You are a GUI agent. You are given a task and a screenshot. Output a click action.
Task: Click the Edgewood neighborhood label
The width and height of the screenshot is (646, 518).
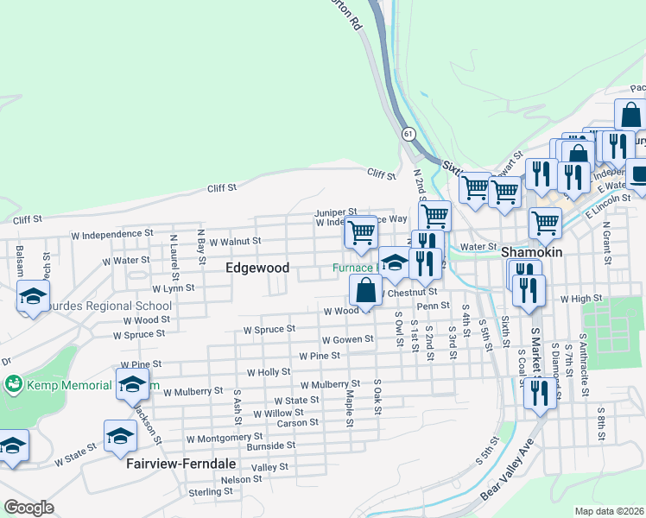256,268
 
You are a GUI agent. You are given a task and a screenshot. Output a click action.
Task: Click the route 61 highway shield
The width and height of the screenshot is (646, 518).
409,134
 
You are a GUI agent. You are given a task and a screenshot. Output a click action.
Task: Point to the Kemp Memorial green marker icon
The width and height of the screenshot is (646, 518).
13,382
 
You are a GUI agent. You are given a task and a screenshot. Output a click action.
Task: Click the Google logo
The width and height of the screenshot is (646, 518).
28,507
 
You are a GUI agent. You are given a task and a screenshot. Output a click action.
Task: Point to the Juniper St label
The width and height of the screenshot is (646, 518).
335,212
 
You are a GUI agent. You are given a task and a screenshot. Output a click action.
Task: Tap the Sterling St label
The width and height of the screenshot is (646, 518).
211,491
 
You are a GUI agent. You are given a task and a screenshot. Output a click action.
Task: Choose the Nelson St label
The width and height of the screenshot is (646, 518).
241,479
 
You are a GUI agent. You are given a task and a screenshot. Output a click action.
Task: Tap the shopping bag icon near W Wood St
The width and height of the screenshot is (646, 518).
366,291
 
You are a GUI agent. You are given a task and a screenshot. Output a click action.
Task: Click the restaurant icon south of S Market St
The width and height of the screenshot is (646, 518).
539,393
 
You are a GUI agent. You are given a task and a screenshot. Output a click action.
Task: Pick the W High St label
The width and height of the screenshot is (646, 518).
579,298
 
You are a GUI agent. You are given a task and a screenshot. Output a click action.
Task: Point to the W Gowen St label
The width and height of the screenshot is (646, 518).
347,339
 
